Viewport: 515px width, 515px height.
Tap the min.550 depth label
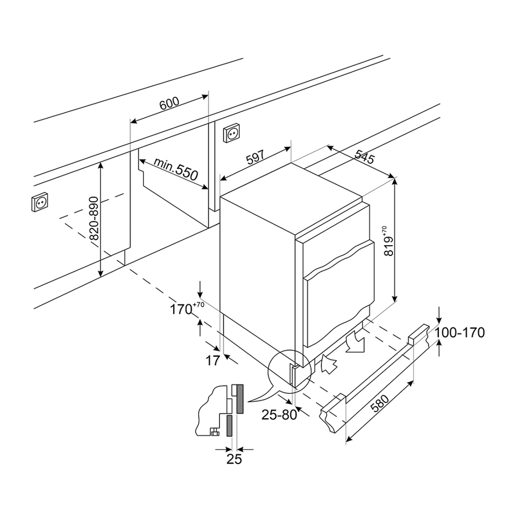coord(175,171)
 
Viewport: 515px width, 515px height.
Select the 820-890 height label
coord(94,219)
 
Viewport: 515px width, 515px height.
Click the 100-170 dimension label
coord(459,332)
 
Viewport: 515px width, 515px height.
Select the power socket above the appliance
coord(231,133)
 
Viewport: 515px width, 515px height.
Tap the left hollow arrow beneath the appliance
coord(329,363)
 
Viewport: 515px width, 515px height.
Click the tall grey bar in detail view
coord(239,399)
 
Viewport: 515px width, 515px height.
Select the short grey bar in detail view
coord(229,426)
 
